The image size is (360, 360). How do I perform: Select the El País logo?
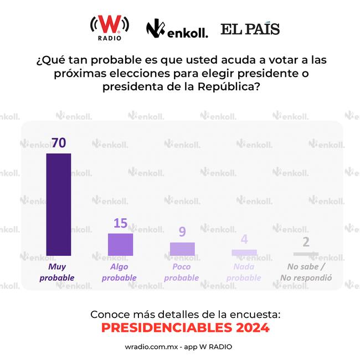coord(250,29)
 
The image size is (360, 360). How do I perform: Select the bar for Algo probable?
coord(120,244)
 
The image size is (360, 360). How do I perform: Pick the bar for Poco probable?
coord(182,249)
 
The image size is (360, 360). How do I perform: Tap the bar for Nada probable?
coord(244,252)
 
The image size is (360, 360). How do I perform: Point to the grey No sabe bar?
coord(306,254)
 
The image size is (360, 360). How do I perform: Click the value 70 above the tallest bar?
coord(58,142)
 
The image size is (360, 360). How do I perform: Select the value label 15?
coord(120,223)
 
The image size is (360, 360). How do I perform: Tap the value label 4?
coord(244,240)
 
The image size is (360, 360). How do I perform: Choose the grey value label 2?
coord(306,243)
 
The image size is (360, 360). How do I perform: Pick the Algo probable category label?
coord(119,272)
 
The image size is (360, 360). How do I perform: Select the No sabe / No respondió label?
coord(306,272)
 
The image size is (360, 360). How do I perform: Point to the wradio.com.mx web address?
coord(150,347)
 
